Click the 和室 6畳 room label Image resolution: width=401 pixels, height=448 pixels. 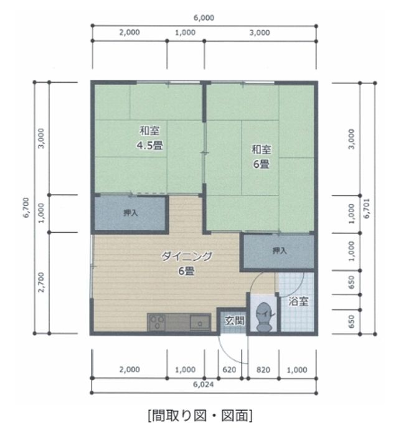260,157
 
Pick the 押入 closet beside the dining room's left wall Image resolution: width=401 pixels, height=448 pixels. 131,213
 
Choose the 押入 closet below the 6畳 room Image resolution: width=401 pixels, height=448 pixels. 280,251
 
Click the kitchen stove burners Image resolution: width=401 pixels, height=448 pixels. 156,323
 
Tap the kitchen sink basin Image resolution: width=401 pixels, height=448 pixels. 200,323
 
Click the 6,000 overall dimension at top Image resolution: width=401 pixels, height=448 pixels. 204,18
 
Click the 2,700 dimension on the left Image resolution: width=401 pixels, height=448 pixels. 41,282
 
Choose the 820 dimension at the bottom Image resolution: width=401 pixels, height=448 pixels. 264,369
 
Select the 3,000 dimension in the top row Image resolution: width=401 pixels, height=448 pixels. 259,33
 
